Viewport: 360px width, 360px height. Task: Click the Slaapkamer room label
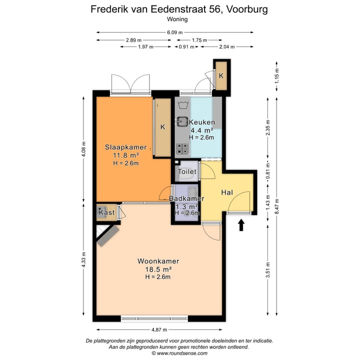(x=125, y=147)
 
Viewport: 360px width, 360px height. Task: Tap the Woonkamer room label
(x=158, y=261)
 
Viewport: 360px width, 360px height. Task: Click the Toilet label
(x=187, y=171)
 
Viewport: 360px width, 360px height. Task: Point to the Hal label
(x=227, y=192)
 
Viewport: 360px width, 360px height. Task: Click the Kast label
(x=106, y=212)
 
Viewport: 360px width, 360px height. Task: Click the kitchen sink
(x=181, y=121)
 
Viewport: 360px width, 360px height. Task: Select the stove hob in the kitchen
(x=182, y=148)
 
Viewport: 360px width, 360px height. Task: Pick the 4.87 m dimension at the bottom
(x=159, y=329)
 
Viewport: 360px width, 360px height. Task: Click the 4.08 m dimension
(x=84, y=148)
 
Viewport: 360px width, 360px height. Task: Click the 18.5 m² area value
(x=158, y=269)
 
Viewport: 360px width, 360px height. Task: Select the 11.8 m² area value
(x=125, y=155)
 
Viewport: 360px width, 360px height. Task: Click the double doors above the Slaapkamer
(x=130, y=83)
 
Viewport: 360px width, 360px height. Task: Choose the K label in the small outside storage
(x=221, y=75)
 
